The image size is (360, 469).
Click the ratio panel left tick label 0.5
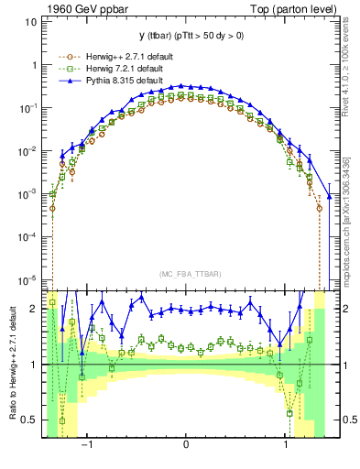point(29,420)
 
